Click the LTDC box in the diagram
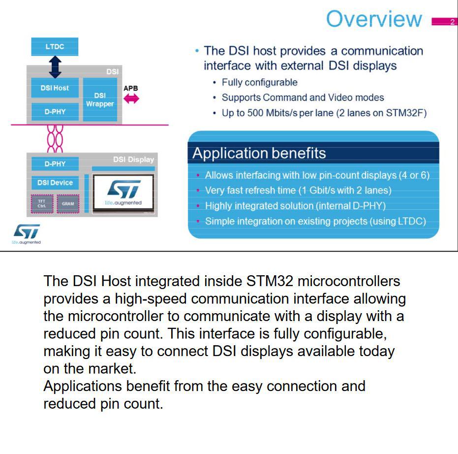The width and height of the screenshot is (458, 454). coord(55,47)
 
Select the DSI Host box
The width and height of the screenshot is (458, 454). coord(55,88)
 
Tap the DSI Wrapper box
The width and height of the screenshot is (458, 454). coord(100,99)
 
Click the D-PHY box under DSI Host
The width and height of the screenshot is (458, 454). coord(55,112)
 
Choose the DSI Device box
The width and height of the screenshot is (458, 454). coord(55,183)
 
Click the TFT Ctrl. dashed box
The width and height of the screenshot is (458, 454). coord(42,204)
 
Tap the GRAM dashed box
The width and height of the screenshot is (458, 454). coord(67,204)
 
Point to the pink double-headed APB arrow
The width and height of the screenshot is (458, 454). coord(131,99)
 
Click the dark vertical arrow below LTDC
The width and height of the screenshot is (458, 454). coord(55,66)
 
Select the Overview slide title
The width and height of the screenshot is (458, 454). coord(374,19)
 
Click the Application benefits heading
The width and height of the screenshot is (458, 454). coord(259,153)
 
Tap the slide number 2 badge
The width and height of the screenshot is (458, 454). coord(452,22)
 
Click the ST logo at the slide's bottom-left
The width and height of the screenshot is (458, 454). coord(27,233)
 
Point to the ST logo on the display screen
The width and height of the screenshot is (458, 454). coord(123,189)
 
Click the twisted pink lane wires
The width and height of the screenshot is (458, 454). coord(55,139)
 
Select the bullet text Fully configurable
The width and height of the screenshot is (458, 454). coord(259,82)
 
